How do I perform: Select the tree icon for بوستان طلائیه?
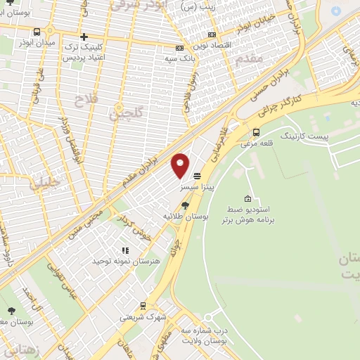tap(185, 205)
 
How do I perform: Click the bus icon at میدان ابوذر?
tap(36, 32)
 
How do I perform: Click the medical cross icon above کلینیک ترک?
tap(84, 37)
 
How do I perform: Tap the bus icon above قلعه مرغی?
tap(255, 131)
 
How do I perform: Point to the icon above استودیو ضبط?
tap(247, 200)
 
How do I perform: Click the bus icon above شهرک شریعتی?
tap(143, 306)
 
